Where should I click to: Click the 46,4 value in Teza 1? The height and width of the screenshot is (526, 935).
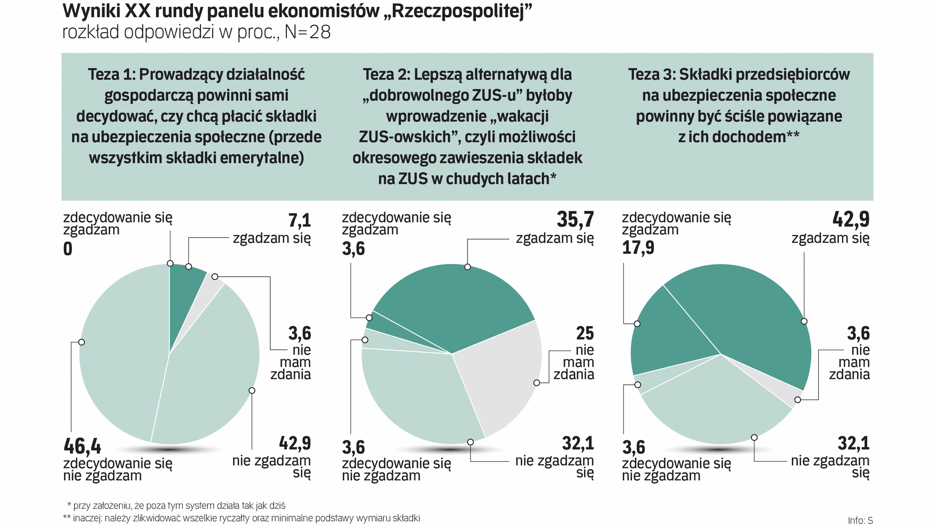(x=82, y=446)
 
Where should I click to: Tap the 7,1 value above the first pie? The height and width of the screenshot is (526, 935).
(x=299, y=220)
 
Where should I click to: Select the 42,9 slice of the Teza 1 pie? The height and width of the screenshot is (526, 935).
(x=209, y=370)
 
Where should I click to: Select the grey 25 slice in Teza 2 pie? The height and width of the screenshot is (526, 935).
(x=502, y=370)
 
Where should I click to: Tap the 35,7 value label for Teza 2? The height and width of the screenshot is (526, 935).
(x=575, y=220)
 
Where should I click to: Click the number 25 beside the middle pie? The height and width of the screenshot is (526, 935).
(x=585, y=333)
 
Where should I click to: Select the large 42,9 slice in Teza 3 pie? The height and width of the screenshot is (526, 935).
(x=750, y=317)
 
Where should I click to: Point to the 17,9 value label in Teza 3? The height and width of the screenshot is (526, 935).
(x=638, y=248)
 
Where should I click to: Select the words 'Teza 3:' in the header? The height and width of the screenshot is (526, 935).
(x=651, y=75)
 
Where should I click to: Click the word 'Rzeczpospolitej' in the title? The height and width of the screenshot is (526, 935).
(x=457, y=11)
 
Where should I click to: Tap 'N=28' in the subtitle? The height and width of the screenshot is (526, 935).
(x=307, y=32)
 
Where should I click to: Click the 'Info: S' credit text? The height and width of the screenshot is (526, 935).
(x=860, y=520)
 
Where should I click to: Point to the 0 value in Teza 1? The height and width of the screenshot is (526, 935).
(x=68, y=249)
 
